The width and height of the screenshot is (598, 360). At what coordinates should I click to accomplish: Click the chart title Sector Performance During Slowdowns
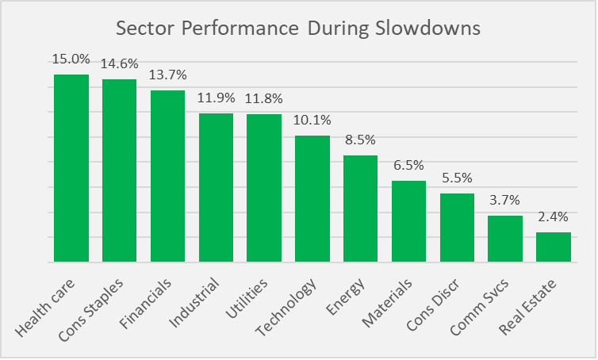[x=298, y=29]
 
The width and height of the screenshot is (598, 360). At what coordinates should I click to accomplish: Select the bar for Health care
[x=71, y=168]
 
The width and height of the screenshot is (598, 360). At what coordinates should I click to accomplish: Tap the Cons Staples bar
[x=119, y=170]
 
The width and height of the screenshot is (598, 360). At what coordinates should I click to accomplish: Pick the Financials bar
[x=167, y=176]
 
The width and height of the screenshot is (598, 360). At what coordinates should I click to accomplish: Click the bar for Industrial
[x=216, y=187]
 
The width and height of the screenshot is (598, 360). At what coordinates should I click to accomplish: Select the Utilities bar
[x=264, y=188]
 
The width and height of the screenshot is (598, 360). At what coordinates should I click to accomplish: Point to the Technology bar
[x=312, y=198]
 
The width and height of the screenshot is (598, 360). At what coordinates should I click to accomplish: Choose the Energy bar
[x=360, y=209]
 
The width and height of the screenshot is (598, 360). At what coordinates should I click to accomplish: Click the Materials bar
[x=408, y=221]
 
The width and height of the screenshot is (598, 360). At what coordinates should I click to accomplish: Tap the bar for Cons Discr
[x=457, y=228]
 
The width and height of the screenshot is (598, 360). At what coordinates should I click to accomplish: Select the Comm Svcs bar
[x=505, y=239]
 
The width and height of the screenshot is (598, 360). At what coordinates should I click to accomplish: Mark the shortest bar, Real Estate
[x=554, y=247]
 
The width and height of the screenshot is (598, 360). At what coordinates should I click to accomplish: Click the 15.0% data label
[x=71, y=59]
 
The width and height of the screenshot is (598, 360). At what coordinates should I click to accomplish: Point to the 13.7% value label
[x=167, y=75]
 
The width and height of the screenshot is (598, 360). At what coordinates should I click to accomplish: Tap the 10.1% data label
[x=312, y=121]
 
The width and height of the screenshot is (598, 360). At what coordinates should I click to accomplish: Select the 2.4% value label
[x=554, y=217]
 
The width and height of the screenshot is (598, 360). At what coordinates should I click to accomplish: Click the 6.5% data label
[x=408, y=166]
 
